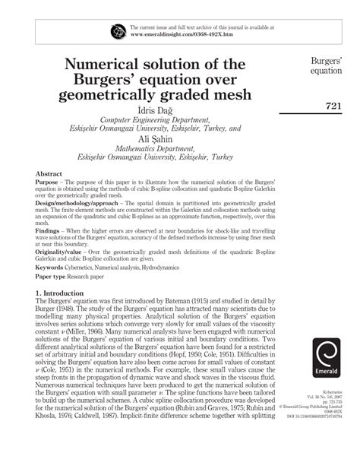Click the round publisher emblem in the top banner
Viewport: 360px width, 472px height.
(118, 31)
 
